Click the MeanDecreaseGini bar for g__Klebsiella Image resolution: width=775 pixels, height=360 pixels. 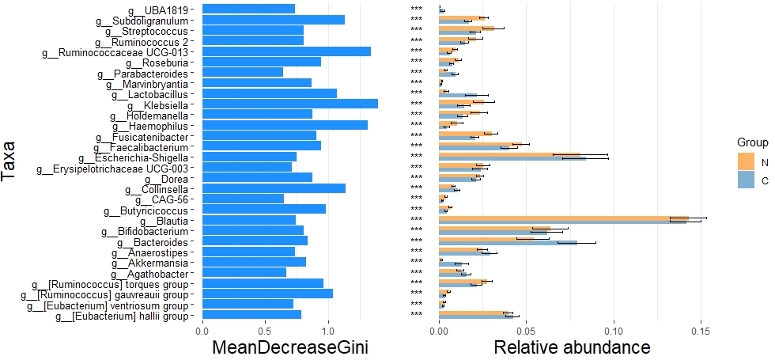pyautogui.click(x=289, y=104)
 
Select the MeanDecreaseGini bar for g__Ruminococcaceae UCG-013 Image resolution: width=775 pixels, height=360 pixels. pyautogui.click(x=286, y=51)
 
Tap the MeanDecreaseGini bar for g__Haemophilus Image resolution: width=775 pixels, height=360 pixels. pyautogui.click(x=285, y=125)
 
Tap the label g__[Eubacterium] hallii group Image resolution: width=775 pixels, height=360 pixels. pyautogui.click(x=109, y=316)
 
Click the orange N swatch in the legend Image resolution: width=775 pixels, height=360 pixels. pyautogui.click(x=747, y=161)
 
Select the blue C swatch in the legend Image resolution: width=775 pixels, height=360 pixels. pyautogui.click(x=747, y=180)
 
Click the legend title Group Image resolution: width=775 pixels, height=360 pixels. pyautogui.click(x=754, y=142)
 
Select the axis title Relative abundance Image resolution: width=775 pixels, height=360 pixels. pyautogui.click(x=572, y=347)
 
